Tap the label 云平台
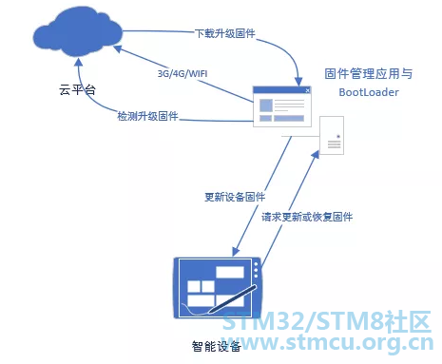(x=77, y=90)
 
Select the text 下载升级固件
(x=225, y=33)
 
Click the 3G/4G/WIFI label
(x=183, y=74)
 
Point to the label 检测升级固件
(x=147, y=116)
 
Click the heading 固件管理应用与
(x=369, y=74)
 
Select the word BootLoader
(x=369, y=92)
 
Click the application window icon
(x=282, y=106)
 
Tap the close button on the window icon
(x=307, y=90)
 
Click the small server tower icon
(x=332, y=135)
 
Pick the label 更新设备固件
(x=235, y=197)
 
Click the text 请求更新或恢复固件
(x=307, y=217)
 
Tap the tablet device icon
(x=218, y=288)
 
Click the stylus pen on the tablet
(x=232, y=299)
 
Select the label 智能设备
(x=217, y=346)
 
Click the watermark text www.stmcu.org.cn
(x=328, y=343)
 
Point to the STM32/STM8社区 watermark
(x=326, y=321)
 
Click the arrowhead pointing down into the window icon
(x=298, y=82)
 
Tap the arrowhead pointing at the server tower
(x=315, y=155)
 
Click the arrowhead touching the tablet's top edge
(x=237, y=252)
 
